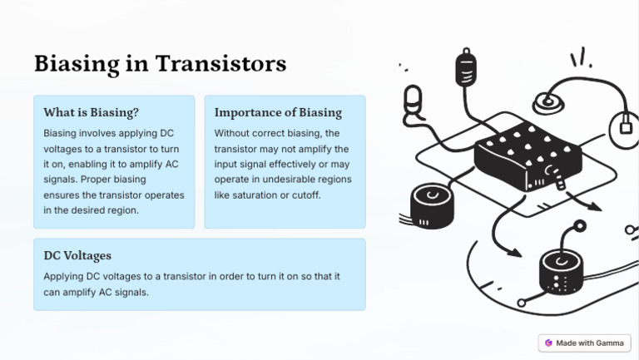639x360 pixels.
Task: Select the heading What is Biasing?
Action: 92,112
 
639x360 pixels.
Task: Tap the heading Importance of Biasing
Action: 278,112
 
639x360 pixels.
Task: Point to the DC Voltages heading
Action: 77,255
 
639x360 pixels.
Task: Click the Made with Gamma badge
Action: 584,343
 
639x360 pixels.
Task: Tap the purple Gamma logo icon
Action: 549,343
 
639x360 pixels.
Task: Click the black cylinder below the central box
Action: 562,271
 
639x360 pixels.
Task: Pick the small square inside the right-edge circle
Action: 626,127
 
